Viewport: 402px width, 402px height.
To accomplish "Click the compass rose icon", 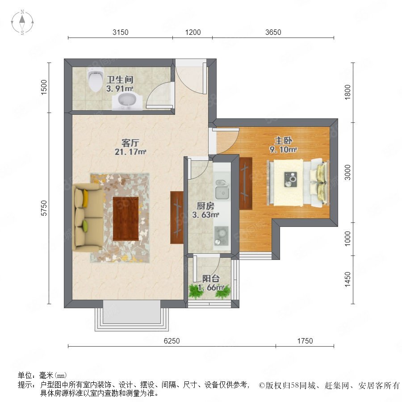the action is click(x=22, y=22).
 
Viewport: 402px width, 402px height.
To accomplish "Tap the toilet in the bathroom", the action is click(x=95, y=79).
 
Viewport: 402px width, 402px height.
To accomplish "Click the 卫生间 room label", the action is click(x=120, y=80).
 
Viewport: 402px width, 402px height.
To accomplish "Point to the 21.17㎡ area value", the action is click(x=130, y=152).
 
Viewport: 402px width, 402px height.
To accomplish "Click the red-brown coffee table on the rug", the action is click(x=126, y=219).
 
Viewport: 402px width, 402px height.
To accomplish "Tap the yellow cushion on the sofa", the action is click(x=85, y=198).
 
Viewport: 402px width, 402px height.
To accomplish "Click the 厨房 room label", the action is click(x=205, y=205).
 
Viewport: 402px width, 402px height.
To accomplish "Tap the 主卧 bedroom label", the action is click(x=283, y=141).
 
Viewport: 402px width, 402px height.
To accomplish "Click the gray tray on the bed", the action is click(x=290, y=179).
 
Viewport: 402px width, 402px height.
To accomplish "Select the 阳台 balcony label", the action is click(x=211, y=279).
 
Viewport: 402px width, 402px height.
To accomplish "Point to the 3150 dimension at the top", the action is click(x=121, y=32).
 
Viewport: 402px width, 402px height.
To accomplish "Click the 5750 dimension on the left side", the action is click(x=44, y=208).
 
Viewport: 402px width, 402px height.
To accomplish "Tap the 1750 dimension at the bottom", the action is click(x=305, y=341).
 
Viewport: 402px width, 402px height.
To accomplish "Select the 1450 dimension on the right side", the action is click(x=348, y=280).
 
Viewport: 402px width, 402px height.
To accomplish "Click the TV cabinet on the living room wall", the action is click(x=176, y=218).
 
